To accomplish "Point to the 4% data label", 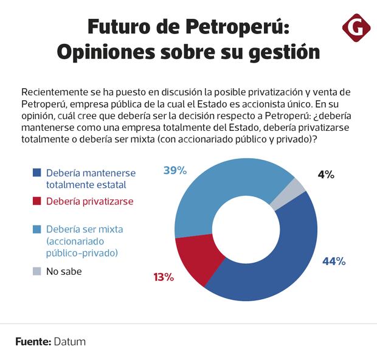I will click(325, 175).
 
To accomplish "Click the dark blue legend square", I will click(37, 173).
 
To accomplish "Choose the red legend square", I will click(37, 201).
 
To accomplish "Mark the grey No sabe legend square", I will click(37, 272).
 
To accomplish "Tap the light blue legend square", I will click(37, 230).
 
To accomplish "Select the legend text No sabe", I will click(64, 272).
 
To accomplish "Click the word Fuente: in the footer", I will click(33, 341).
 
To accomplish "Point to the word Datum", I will click(70, 341).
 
